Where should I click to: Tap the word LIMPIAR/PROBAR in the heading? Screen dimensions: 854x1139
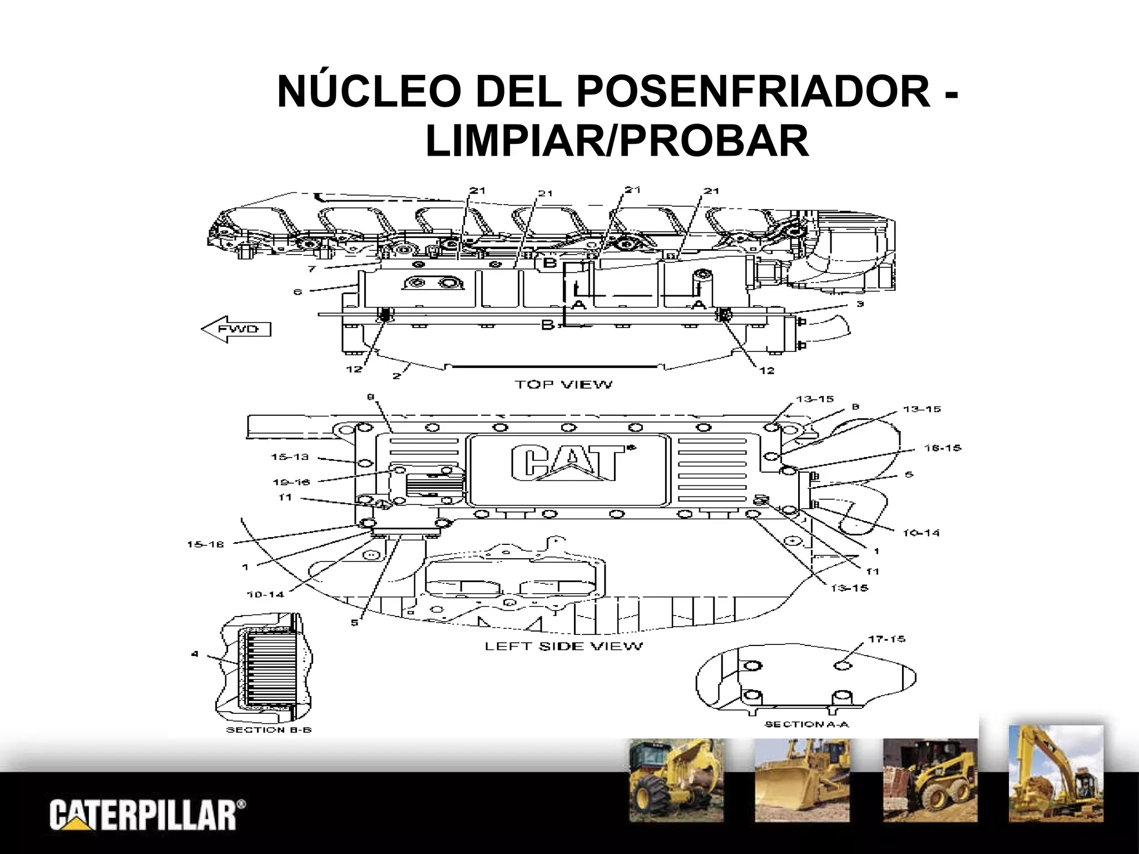pyautogui.click(x=617, y=141)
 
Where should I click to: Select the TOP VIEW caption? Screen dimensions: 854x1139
pyautogui.click(x=563, y=384)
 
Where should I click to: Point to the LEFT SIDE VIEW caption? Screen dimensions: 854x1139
pyautogui.click(x=564, y=646)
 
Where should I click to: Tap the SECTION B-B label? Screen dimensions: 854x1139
pyautogui.click(x=269, y=729)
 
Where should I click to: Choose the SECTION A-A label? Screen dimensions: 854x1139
pyautogui.click(x=806, y=724)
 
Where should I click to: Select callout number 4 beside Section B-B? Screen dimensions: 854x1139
pyautogui.click(x=195, y=654)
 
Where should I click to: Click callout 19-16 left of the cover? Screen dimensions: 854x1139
pyautogui.click(x=291, y=481)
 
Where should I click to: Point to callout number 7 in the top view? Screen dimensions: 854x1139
pyautogui.click(x=312, y=269)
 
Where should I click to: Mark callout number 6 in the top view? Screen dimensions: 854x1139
pyautogui.click(x=298, y=291)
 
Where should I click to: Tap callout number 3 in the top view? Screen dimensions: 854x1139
pyautogui.click(x=859, y=304)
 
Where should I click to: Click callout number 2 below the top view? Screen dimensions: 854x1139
pyautogui.click(x=397, y=376)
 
